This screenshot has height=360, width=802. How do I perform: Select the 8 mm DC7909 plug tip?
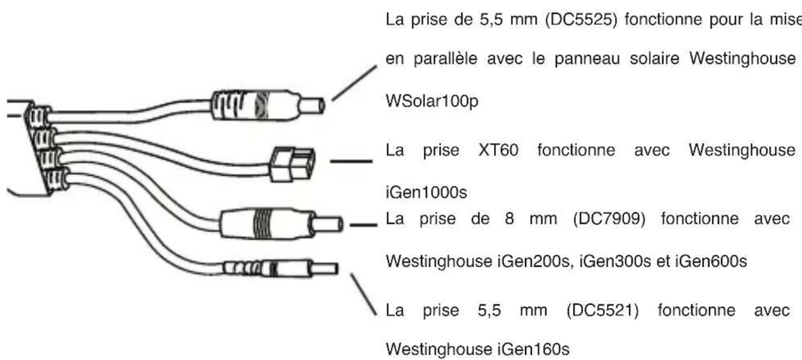click(x=328, y=227)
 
